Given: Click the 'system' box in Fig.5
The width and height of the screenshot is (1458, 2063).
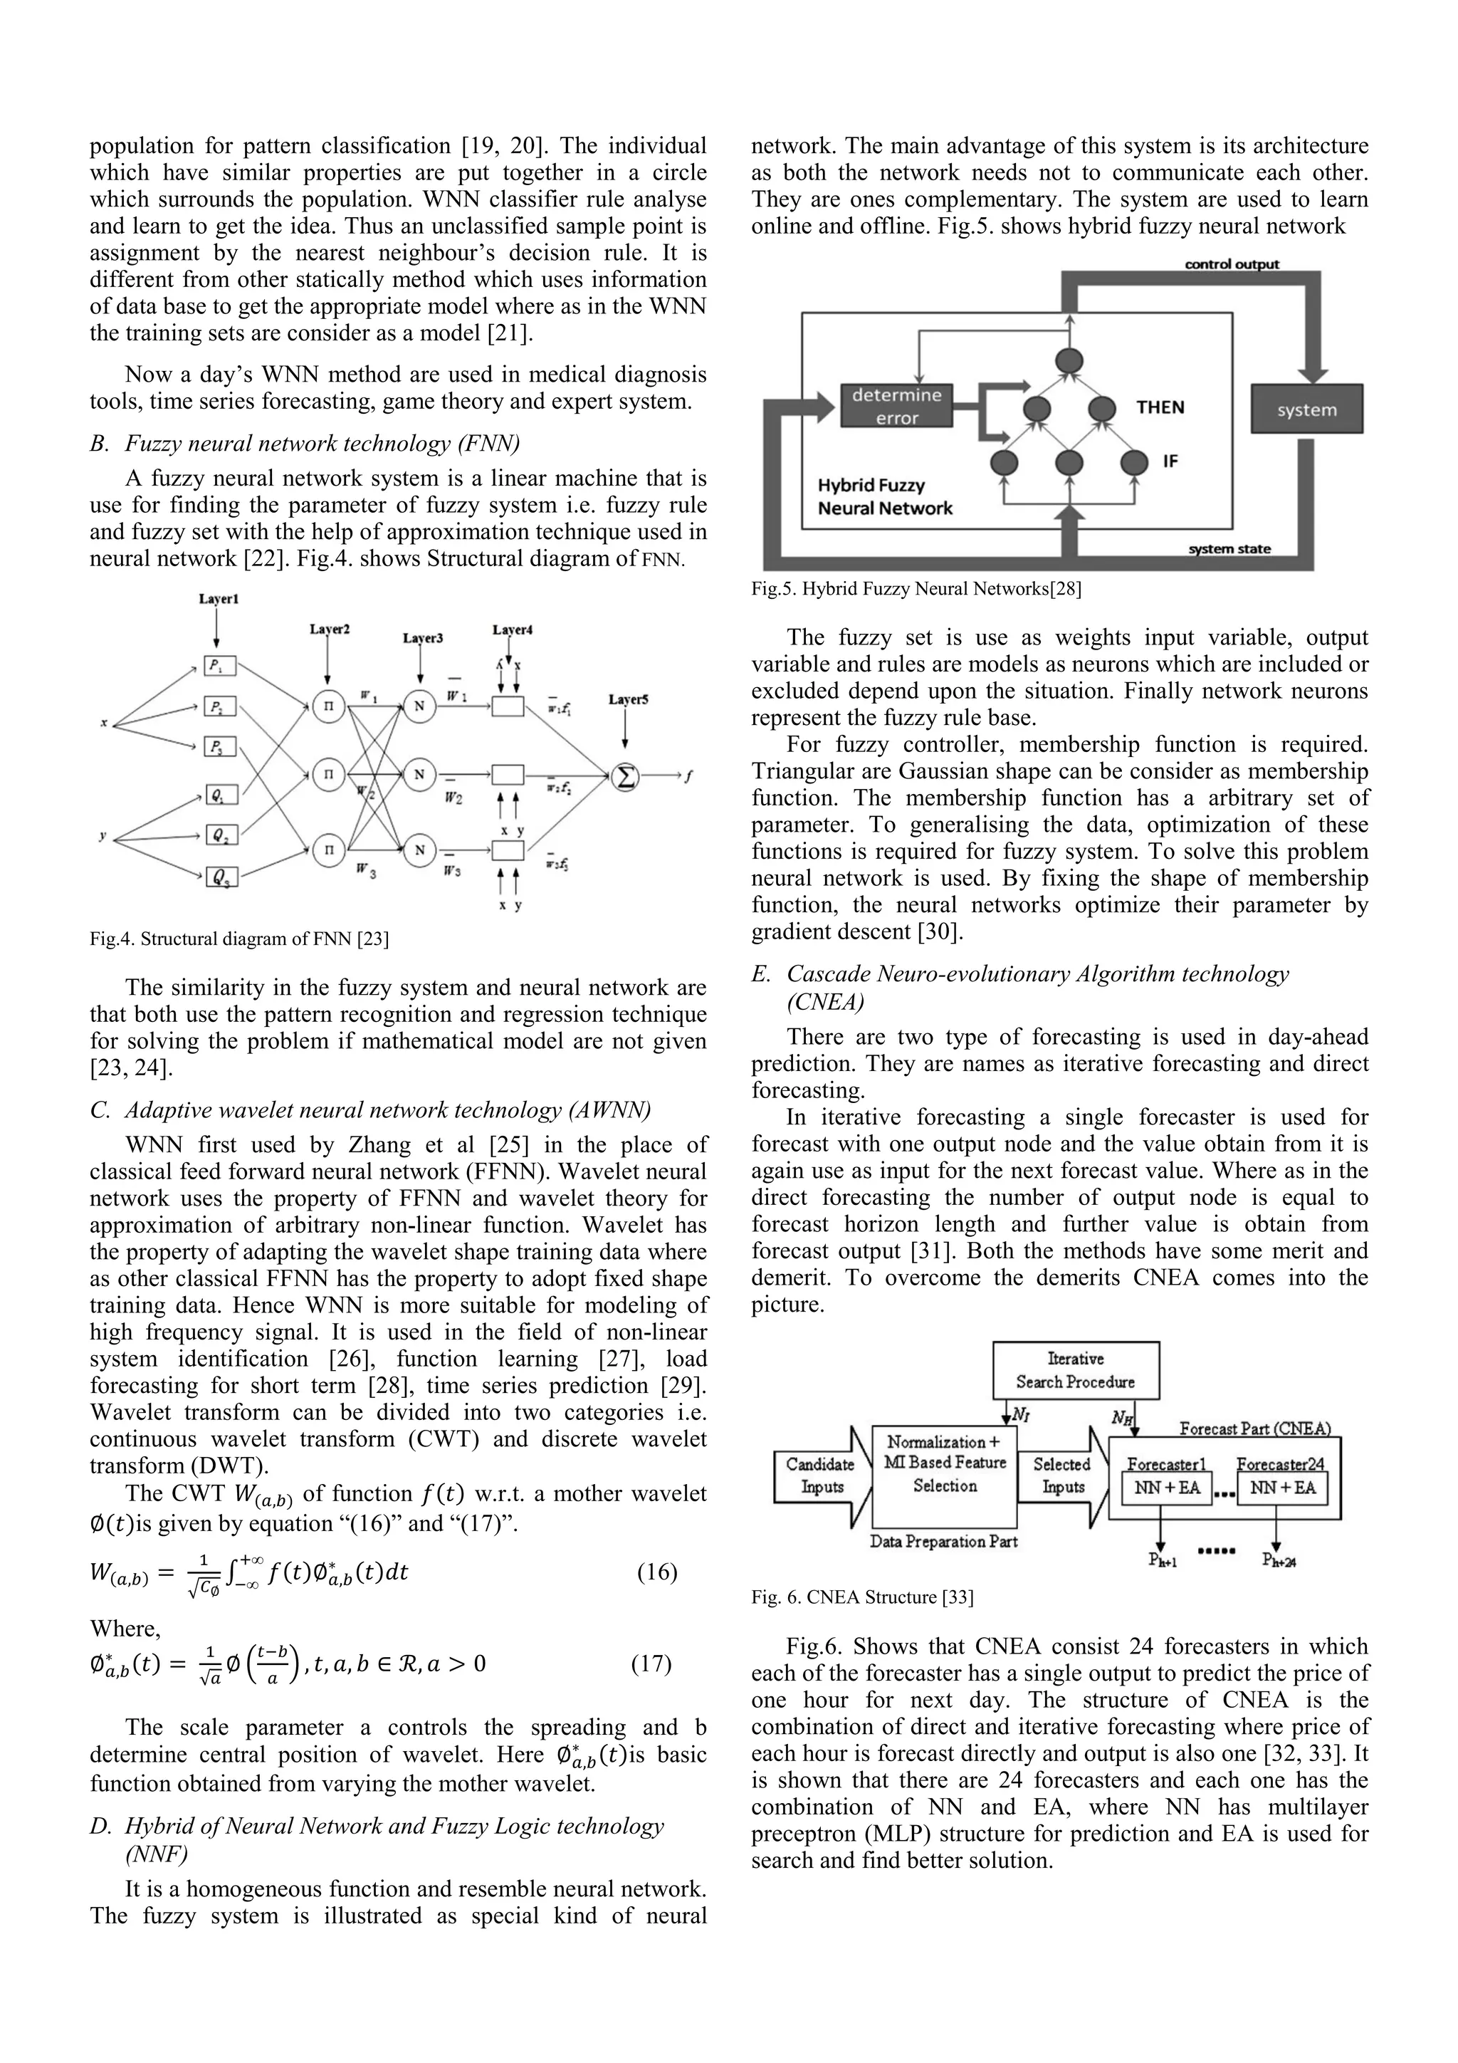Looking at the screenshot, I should click(1306, 409).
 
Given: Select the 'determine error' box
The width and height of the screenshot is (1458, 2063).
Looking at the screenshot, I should click(896, 406).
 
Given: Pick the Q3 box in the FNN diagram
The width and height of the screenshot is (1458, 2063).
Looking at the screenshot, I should click(220, 876).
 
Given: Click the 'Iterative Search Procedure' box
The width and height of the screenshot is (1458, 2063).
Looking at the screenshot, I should click(1075, 1370).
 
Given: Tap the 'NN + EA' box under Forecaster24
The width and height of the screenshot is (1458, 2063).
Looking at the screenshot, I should click(1282, 1487).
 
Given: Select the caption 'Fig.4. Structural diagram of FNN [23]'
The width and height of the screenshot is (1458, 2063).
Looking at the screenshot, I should click(239, 939).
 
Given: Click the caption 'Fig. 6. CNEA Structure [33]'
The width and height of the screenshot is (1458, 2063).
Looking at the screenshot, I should click(862, 1597).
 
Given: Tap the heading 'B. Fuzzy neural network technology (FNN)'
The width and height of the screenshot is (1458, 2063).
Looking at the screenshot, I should click(305, 443).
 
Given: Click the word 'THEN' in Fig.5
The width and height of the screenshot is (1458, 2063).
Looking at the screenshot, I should click(1160, 407).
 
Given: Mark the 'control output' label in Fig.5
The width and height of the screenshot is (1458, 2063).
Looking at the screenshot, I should click(1232, 264).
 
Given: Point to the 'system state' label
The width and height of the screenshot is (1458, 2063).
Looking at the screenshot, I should click(1229, 549).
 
